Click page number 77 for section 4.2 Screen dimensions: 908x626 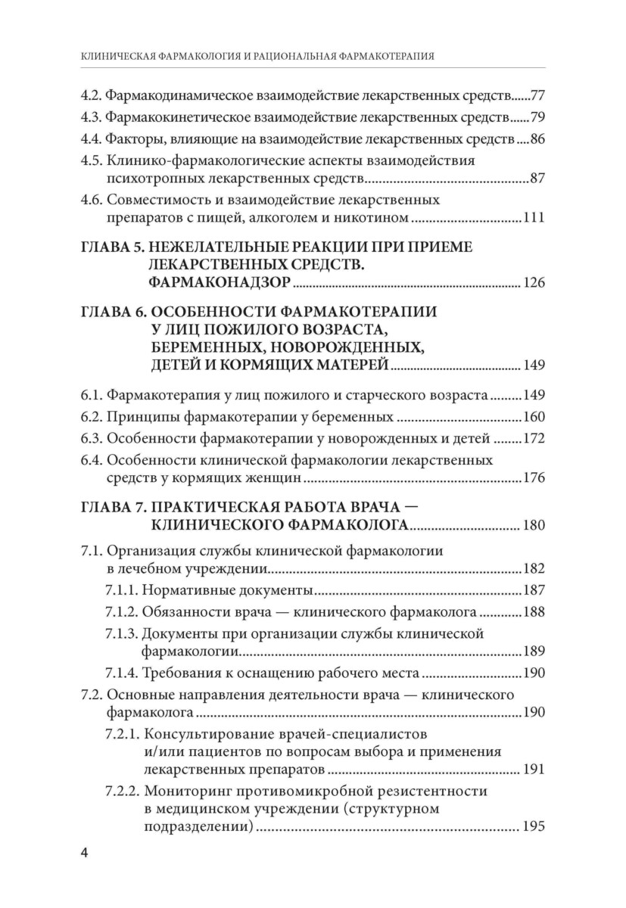pos(538,97)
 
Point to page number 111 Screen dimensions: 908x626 pos(534,218)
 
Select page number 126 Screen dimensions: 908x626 pos(534,284)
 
